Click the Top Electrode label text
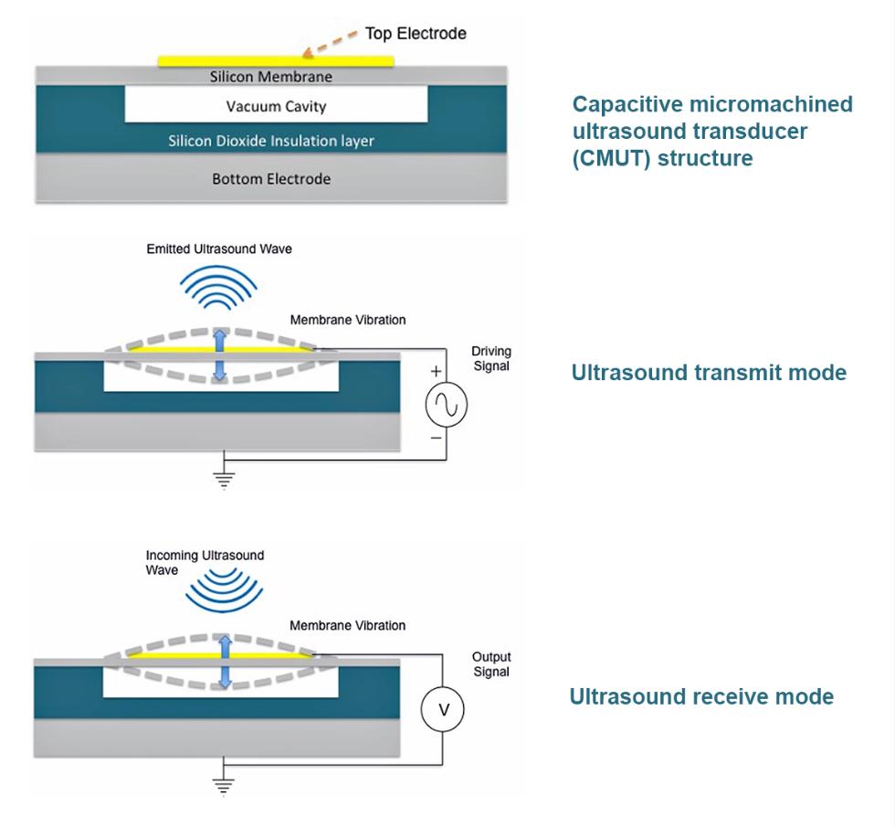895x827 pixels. (x=416, y=34)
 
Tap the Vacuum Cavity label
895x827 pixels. (x=276, y=107)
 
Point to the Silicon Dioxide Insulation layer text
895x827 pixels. (x=271, y=142)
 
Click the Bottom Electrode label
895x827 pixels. (x=271, y=179)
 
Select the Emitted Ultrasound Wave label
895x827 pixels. (x=219, y=248)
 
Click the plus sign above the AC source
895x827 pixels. (x=436, y=371)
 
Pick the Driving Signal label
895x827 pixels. (x=490, y=359)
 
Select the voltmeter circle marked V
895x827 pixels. (x=443, y=710)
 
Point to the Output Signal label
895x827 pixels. (x=490, y=664)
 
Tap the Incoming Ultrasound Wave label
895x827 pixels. (x=205, y=563)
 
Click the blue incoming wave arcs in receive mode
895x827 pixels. (x=216, y=589)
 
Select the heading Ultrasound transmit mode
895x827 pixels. (x=708, y=373)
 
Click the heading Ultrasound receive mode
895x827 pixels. (x=701, y=697)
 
